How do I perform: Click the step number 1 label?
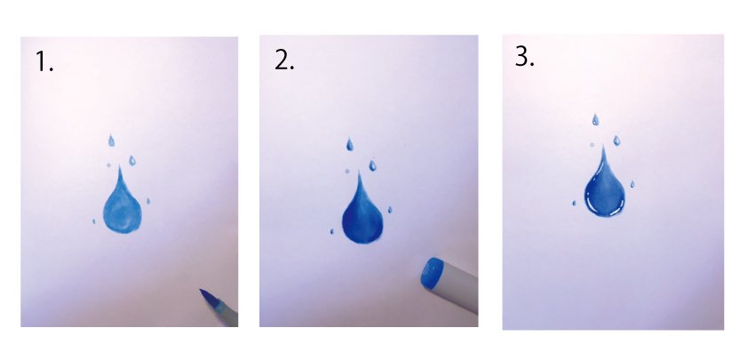[44, 62]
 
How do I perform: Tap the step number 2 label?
[284, 60]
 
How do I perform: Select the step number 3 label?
[525, 57]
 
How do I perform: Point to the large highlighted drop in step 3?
[604, 185]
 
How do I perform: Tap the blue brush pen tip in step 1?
[206, 297]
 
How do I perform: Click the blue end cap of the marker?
[432, 273]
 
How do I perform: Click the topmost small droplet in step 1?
[112, 140]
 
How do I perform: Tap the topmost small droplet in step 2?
[350, 144]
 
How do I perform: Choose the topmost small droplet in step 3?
[595, 120]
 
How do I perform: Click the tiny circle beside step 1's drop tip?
[108, 165]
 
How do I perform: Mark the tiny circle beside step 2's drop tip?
[346, 171]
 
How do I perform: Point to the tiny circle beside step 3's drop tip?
[592, 144]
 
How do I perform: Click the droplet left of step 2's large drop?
[331, 232]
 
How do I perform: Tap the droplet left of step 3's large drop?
[574, 203]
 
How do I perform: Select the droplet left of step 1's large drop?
[93, 221]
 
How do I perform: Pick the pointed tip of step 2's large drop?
[359, 172]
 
